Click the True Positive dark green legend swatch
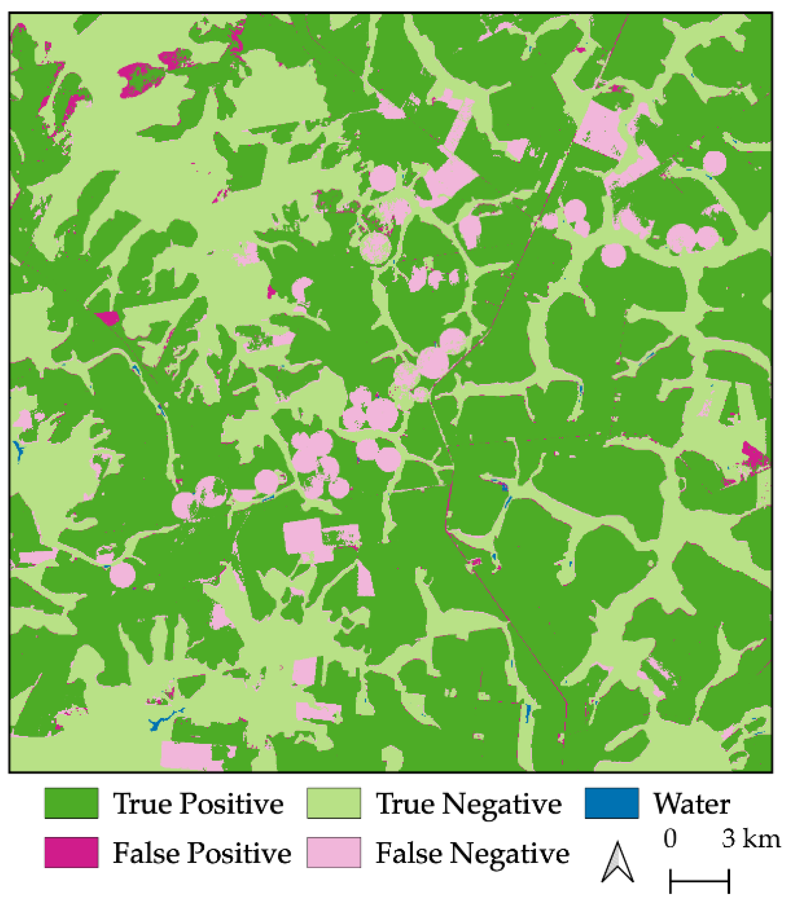tap(71, 803)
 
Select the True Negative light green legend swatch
tap(333, 803)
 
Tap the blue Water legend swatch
tap(611, 803)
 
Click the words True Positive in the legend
tap(198, 804)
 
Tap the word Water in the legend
tap(692, 804)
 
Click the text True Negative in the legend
tap(469, 804)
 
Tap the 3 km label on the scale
tap(750, 839)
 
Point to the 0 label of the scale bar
tap(670, 839)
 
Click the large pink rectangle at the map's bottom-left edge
tap(186, 755)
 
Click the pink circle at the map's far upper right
tap(714, 163)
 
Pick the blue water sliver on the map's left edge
tap(18, 451)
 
